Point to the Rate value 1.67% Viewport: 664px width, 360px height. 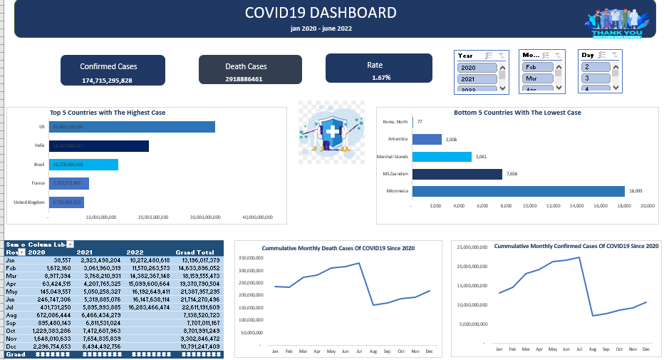(x=380, y=77)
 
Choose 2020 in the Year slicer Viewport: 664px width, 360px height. (x=477, y=68)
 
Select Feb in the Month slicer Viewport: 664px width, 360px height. (x=539, y=67)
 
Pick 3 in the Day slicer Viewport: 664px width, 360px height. (x=596, y=78)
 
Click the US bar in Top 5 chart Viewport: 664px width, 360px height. (x=132, y=127)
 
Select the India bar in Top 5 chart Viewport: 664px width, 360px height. (x=99, y=146)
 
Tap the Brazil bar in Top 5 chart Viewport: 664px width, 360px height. (x=83, y=165)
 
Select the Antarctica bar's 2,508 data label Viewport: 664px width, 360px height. (x=451, y=140)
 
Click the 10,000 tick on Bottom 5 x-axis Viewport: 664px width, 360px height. (x=529, y=205)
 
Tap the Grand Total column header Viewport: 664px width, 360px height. (x=195, y=252)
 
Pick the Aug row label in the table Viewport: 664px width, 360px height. (x=11, y=314)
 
